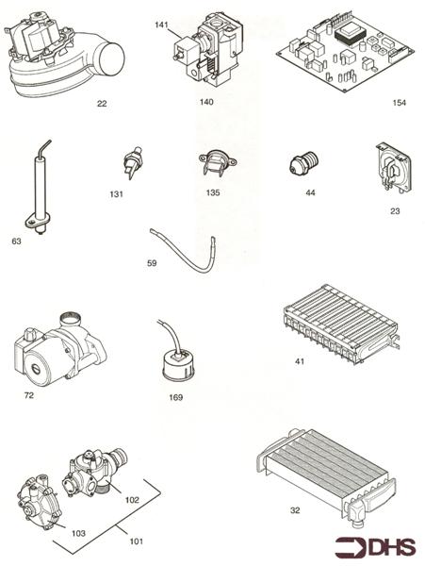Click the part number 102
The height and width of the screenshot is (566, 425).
(x=131, y=499)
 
